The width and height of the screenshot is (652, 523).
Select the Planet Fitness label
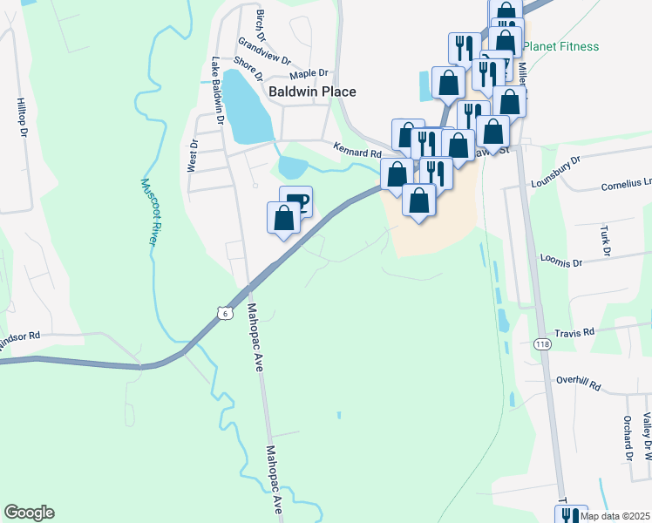tap(562, 46)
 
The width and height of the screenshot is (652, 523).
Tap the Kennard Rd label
tap(357, 153)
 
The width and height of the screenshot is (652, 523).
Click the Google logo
tap(29, 513)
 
